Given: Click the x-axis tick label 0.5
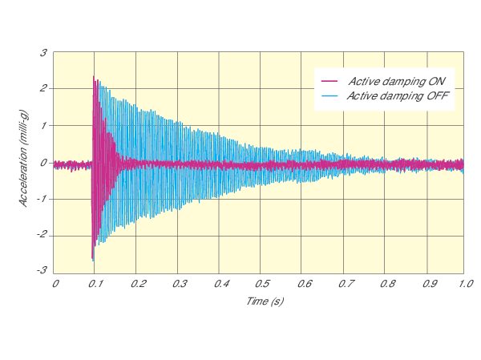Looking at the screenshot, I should (261, 284).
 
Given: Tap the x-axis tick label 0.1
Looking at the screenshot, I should (96, 284).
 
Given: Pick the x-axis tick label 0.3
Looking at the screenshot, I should (179, 284).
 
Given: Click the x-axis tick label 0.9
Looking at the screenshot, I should (426, 284).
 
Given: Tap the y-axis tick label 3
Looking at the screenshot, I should (44, 53).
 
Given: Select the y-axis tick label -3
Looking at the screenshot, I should (42, 270).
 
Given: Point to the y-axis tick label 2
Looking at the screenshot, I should (44, 89).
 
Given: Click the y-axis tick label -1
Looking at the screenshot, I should (42, 198).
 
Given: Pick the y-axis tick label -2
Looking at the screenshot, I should (42, 234).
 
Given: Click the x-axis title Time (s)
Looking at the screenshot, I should (264, 301).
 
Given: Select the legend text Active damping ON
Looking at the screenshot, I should (402, 81).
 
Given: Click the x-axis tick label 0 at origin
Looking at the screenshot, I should (55, 284).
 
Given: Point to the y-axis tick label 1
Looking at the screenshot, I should (44, 125).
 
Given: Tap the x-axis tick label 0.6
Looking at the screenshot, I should (302, 284).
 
